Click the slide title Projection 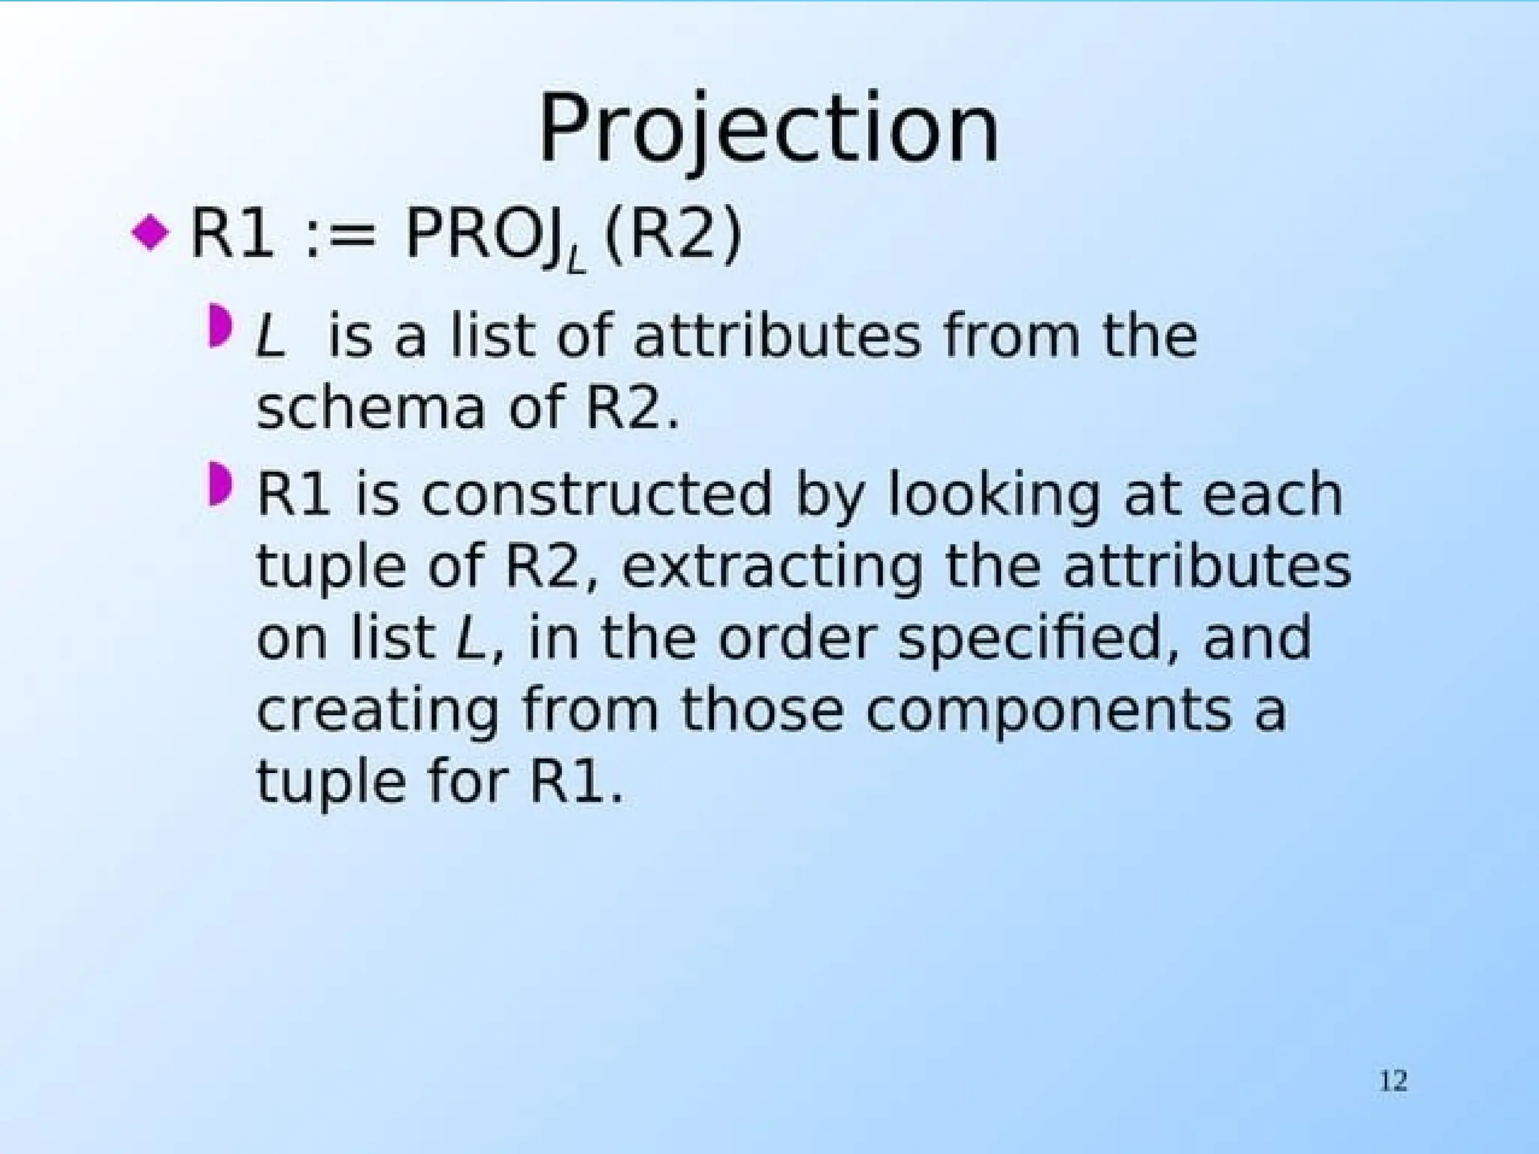[x=769, y=129]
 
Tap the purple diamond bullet [x=150, y=233]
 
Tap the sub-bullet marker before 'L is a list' [x=219, y=325]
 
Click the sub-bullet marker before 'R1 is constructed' [x=219, y=485]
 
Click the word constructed [x=597, y=494]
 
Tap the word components [x=1049, y=711]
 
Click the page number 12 [x=1392, y=1081]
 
